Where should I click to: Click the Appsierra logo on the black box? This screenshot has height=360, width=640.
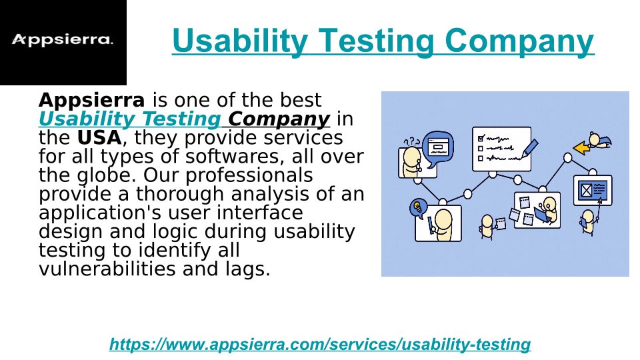(x=63, y=39)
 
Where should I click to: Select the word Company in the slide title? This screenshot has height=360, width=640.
(x=519, y=41)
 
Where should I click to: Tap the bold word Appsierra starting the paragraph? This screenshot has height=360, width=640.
(x=91, y=100)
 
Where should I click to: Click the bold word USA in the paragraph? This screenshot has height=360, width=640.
(x=99, y=137)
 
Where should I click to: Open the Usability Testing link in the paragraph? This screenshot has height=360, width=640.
(x=130, y=119)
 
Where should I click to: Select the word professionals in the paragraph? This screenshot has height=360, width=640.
(x=249, y=176)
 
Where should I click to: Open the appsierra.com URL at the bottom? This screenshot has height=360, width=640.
(x=319, y=344)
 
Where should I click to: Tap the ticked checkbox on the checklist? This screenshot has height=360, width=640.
(x=481, y=138)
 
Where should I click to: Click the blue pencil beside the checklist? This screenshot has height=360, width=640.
(x=529, y=148)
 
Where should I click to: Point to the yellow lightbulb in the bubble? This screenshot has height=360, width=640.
(x=417, y=207)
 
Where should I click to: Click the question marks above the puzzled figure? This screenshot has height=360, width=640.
(x=411, y=141)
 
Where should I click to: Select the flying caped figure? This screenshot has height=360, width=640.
(x=599, y=140)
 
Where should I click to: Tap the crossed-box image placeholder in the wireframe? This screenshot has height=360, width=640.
(x=586, y=190)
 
